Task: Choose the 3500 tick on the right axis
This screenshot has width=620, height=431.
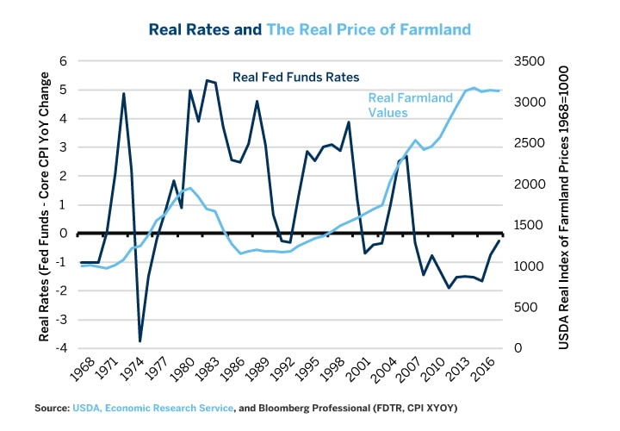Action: (x=532, y=61)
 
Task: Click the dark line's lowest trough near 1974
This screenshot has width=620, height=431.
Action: (x=140, y=341)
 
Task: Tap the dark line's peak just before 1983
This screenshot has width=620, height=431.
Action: (x=207, y=80)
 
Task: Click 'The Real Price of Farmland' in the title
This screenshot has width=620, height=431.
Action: (x=369, y=29)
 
